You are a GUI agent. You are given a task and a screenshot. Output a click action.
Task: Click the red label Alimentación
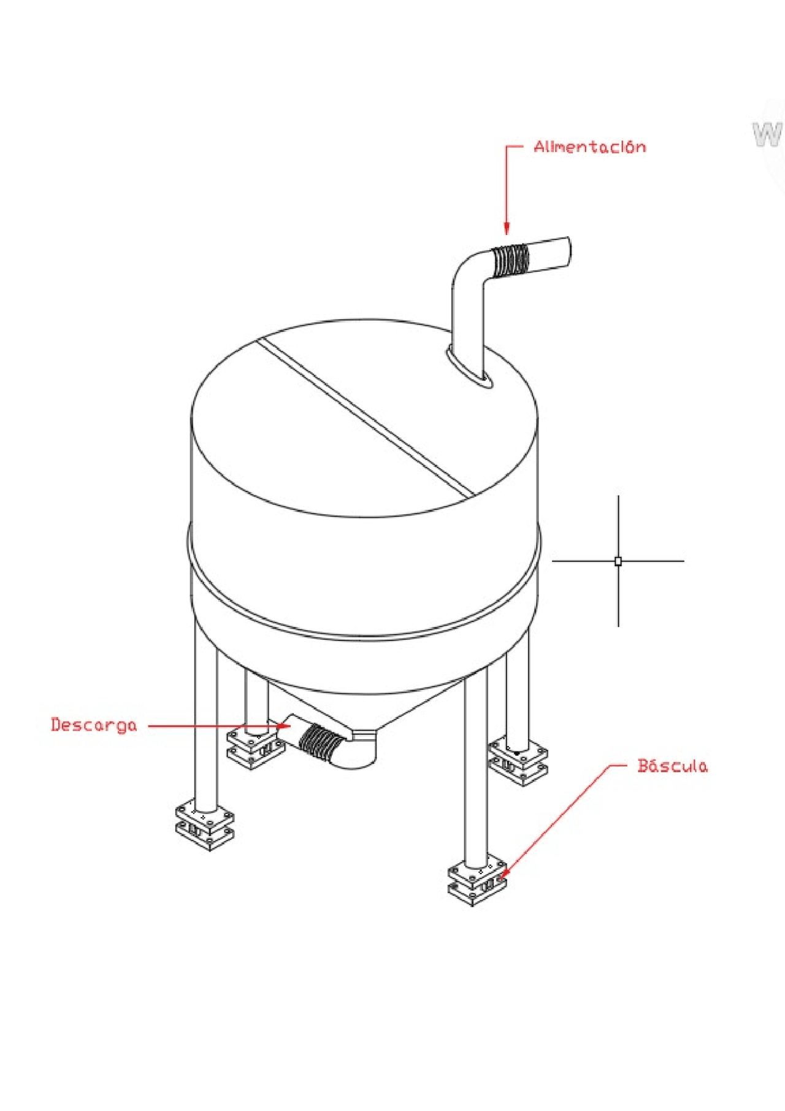tap(589, 147)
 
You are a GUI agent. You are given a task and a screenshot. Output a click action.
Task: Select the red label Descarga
tap(94, 725)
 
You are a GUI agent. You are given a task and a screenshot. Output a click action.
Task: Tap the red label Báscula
tap(672, 766)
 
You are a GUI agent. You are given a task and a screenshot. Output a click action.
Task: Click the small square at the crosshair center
tap(618, 561)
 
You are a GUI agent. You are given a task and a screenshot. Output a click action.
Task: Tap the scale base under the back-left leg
tap(256, 747)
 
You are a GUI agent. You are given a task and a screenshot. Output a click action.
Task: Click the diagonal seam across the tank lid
tap(366, 417)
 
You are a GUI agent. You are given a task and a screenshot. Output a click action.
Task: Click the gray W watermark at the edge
tap(768, 134)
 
